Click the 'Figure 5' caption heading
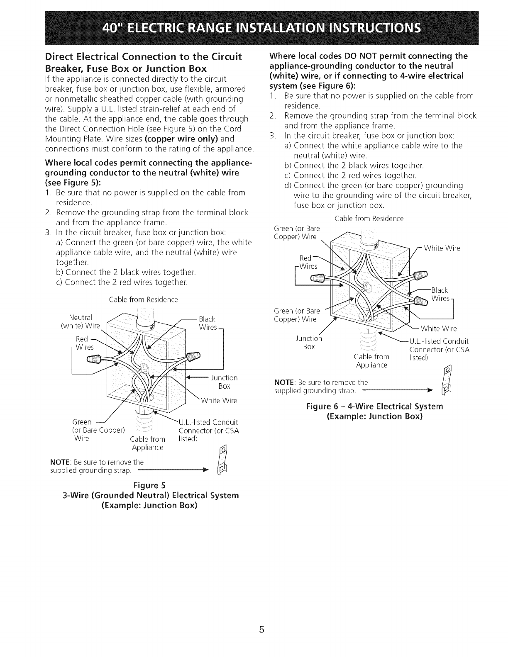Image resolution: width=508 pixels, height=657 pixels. click(x=149, y=485)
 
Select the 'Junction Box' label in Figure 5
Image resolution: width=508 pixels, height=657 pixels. click(x=224, y=382)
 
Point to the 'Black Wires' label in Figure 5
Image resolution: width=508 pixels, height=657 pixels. click(x=207, y=323)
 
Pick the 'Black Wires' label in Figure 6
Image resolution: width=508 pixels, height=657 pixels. click(x=441, y=294)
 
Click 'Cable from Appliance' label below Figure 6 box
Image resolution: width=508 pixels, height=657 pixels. click(x=371, y=361)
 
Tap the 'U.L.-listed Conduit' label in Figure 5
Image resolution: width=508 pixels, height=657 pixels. click(x=208, y=423)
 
